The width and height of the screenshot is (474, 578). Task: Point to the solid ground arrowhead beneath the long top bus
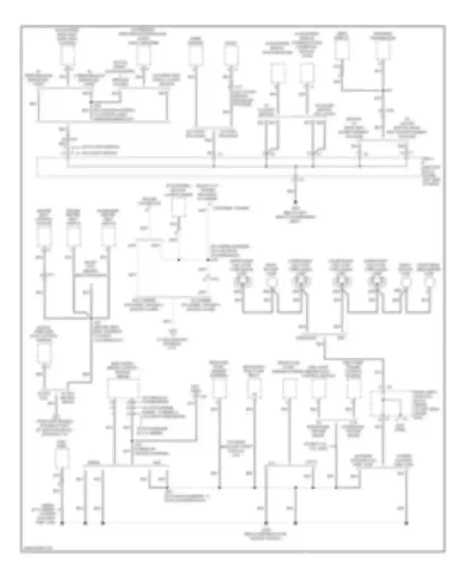coord(295,201)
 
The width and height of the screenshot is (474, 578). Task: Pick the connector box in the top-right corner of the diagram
coord(383,50)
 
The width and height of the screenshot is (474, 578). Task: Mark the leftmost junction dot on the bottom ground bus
coord(62,523)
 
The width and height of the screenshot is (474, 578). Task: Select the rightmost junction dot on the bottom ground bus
coord(406,523)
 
